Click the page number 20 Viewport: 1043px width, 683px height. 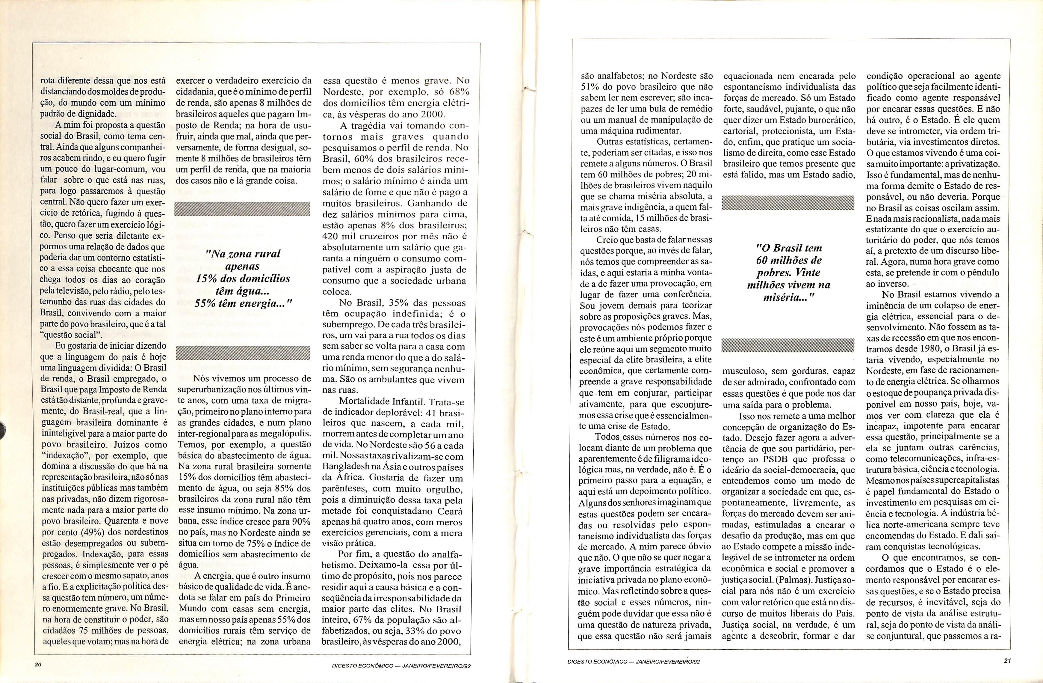pyautogui.click(x=38, y=664)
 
